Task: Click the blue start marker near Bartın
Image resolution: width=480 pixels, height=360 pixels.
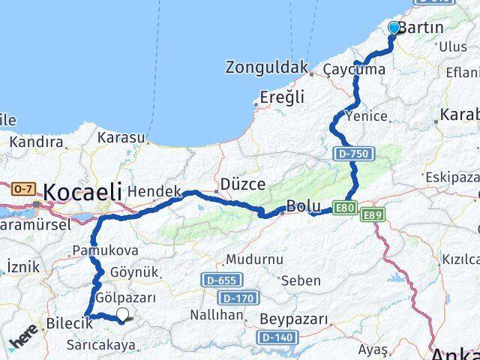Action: click(x=394, y=28)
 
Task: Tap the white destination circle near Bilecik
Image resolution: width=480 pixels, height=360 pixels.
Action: click(x=122, y=316)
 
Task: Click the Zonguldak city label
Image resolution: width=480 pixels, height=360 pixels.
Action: click(x=266, y=67)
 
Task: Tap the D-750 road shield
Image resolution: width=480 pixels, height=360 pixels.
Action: click(x=351, y=153)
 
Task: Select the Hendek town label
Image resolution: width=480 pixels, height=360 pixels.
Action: click(x=154, y=192)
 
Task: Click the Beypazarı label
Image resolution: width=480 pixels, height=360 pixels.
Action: click(x=294, y=319)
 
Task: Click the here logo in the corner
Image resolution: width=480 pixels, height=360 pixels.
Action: click(x=23, y=342)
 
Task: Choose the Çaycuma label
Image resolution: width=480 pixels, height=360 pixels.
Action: click(x=355, y=70)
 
